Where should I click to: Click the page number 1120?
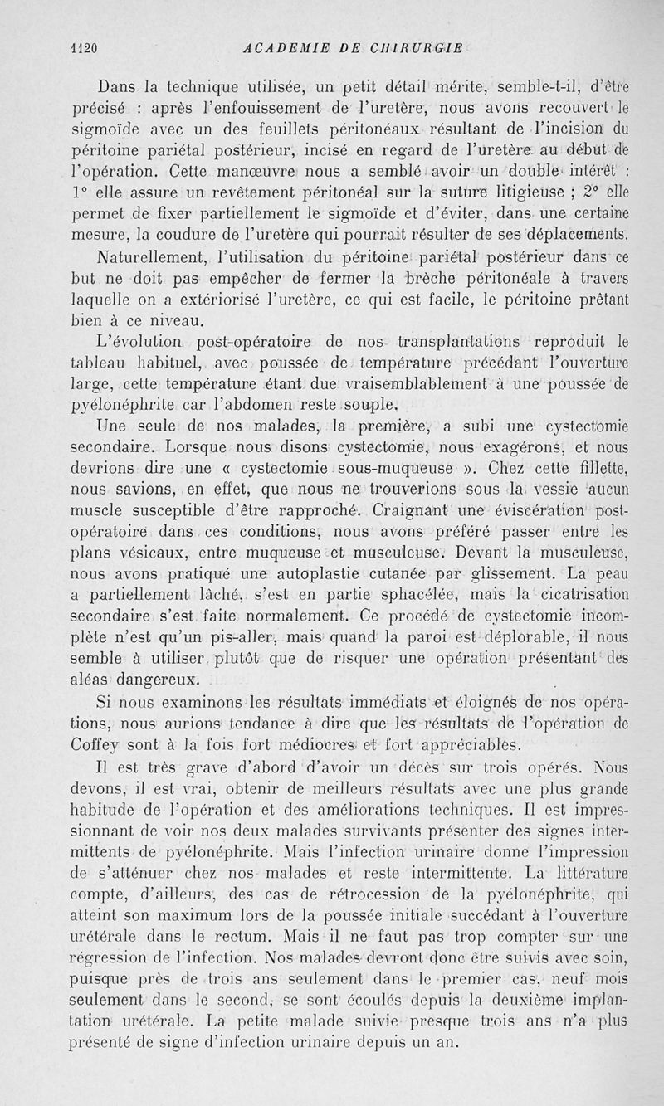[x=83, y=48]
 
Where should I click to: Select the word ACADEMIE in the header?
[x=280, y=48]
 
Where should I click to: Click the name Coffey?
[x=119, y=743]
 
